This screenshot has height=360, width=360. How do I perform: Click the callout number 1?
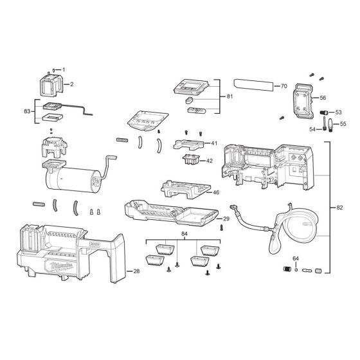coord(64,69)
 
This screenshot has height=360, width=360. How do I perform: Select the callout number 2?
coord(71,84)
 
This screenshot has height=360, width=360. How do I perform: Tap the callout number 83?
coord(26,111)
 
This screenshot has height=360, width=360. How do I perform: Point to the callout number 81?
coord(231,96)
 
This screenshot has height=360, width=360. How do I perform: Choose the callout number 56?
coord(323,98)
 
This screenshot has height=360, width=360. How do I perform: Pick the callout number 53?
coord(338,112)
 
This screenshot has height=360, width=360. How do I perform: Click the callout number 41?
coord(214,143)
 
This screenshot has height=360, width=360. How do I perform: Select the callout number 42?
coord(210,161)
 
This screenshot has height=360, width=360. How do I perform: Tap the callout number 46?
coord(216,192)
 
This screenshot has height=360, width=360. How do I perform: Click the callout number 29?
coord(226,219)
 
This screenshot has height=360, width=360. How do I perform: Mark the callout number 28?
coord(136,273)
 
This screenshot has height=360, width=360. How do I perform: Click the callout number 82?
coord(339,208)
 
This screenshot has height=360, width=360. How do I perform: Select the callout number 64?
coord(296,258)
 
